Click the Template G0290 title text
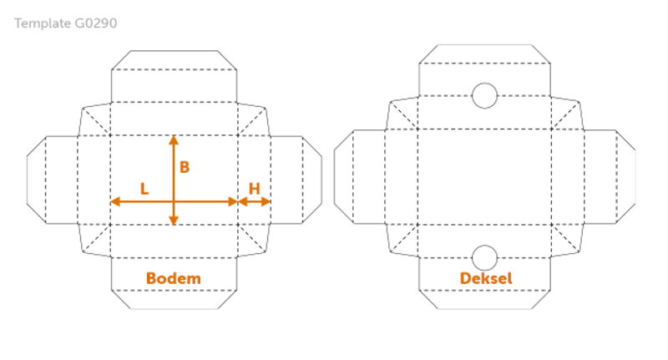pos(67,23)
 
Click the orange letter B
pos(185,167)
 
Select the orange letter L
pos(144,189)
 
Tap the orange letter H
pos(254,189)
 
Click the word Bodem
pos(173,278)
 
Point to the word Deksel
pos(485,278)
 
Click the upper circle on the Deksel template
pos(484,95)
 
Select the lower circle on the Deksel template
pos(484,256)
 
